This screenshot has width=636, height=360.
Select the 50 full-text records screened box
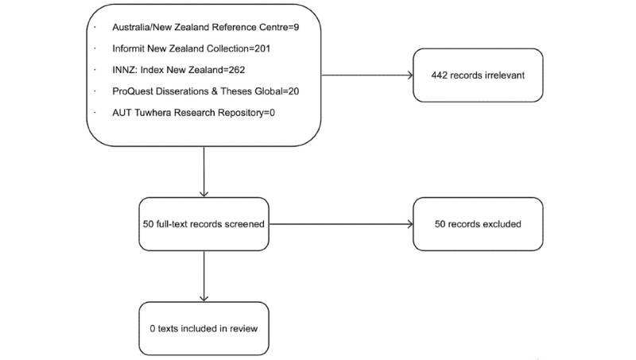tap(204, 223)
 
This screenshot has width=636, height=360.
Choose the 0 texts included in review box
tap(204, 327)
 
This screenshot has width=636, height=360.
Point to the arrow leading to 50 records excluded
tap(342, 223)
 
